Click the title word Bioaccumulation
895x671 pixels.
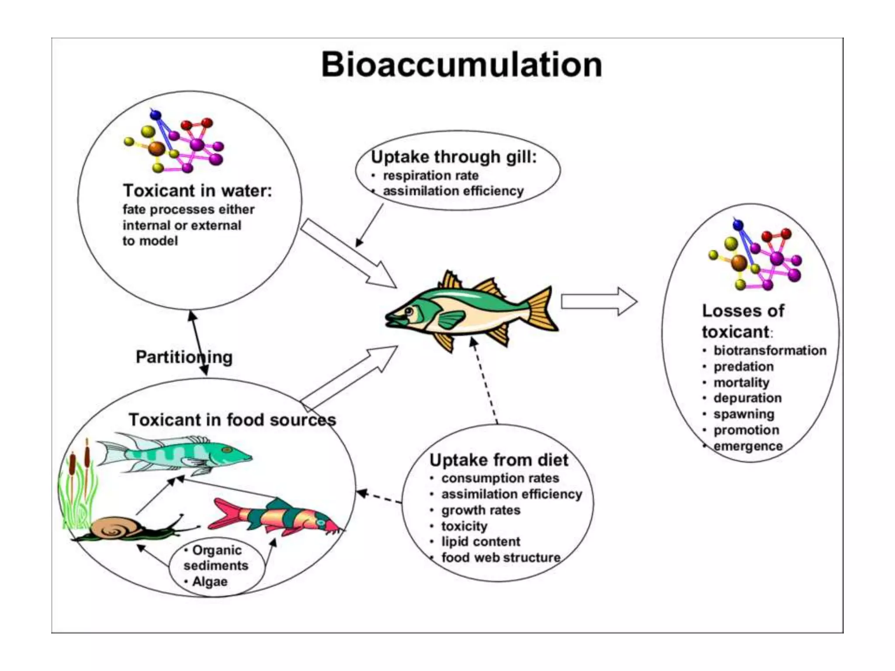click(461, 65)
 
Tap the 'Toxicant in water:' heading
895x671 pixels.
click(198, 190)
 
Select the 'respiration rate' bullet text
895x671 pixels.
click(430, 175)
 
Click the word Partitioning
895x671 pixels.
click(184, 357)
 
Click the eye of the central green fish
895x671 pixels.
click(409, 311)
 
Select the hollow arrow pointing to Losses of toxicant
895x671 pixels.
click(599, 301)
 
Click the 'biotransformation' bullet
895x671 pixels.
click(770, 350)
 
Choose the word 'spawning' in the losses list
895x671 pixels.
click(744, 414)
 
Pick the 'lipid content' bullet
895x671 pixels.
click(480, 541)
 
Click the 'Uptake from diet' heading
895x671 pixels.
click(499, 460)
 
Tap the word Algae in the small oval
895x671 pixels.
click(210, 581)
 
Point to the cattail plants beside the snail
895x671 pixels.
click(79, 485)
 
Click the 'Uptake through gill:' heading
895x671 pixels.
click(454, 157)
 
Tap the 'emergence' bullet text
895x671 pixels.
click(748, 446)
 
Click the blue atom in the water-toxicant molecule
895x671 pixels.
click(156, 115)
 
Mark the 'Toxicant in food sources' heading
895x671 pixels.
click(232, 420)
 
